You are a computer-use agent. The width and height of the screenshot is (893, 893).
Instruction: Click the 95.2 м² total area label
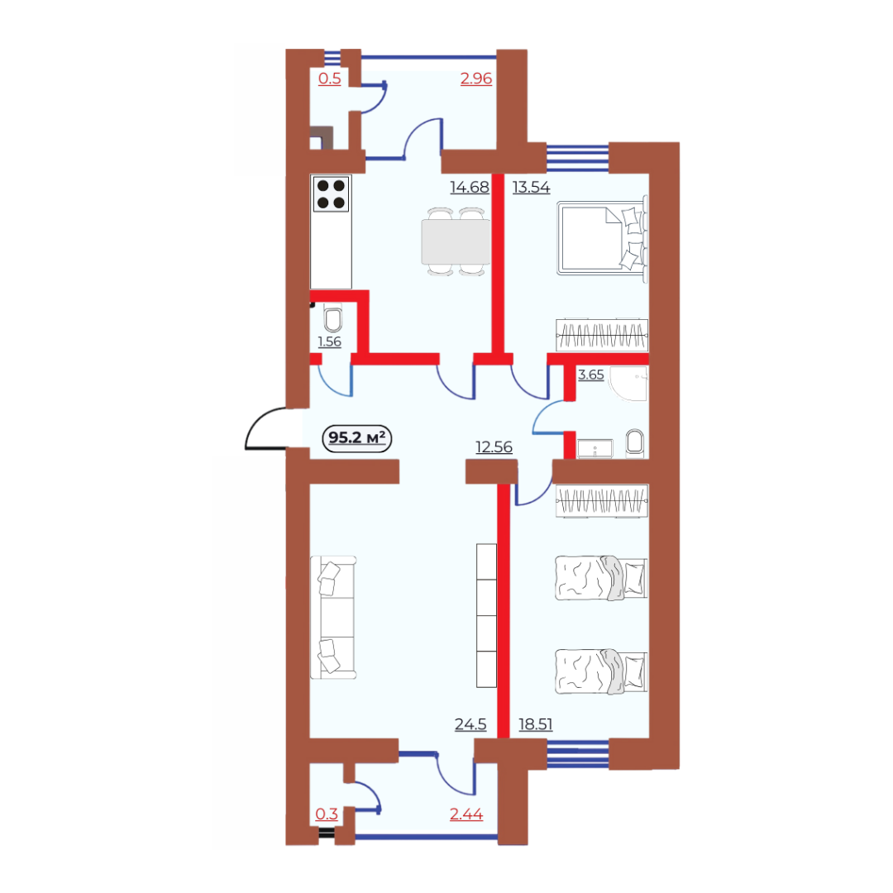click(x=357, y=438)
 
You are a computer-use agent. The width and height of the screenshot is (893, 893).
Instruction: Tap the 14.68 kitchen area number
click(x=470, y=187)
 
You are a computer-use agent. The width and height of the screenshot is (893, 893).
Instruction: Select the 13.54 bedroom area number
click(x=531, y=187)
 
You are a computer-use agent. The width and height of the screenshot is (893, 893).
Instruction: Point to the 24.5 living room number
click(x=470, y=723)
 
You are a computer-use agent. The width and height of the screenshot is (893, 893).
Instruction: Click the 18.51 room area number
click(x=535, y=723)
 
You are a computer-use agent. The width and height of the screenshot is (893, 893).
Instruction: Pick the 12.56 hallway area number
click(x=494, y=447)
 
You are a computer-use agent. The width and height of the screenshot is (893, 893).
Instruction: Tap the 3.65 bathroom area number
click(x=590, y=375)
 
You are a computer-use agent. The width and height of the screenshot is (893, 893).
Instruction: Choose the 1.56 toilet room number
click(x=329, y=341)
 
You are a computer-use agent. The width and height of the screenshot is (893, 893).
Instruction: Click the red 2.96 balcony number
click(x=476, y=79)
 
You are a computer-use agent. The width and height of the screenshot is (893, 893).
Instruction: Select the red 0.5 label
click(x=329, y=79)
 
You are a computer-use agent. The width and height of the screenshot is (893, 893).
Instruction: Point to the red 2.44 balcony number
click(x=466, y=814)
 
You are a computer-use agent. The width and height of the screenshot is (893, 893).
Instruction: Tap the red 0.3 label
click(x=327, y=814)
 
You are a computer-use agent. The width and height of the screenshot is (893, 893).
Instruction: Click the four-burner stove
click(x=331, y=194)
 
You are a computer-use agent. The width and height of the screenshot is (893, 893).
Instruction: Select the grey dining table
click(x=456, y=242)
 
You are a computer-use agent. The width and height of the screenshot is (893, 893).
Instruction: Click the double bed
click(x=603, y=239)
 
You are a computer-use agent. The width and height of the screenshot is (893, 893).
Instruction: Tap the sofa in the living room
click(x=333, y=618)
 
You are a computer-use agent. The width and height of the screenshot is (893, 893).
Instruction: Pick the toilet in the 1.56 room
click(x=333, y=318)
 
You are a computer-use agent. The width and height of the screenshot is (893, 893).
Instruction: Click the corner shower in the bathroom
click(x=628, y=384)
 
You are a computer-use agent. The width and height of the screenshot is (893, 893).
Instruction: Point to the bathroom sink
click(x=595, y=448)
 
